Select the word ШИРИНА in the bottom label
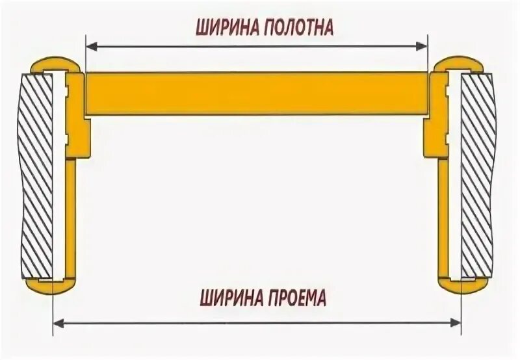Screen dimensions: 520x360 click(227, 299)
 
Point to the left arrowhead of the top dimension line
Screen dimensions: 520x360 click(90, 45)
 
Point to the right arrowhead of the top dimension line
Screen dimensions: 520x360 click(423, 45)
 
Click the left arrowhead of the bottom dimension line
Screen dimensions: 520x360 click(57, 321)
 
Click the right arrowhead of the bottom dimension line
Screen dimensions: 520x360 click(456, 321)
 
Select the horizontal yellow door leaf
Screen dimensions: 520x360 click(257, 94)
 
